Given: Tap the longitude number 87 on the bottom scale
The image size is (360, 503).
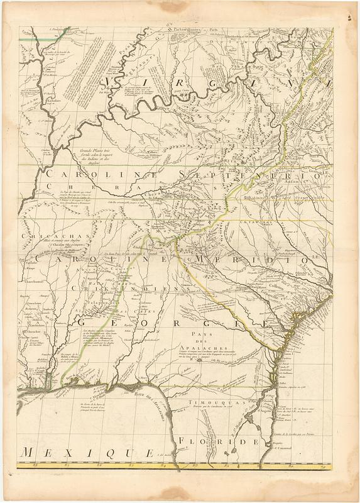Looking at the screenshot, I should coord(67,467).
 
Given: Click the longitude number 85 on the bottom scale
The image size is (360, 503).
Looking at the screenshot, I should coord(130,467).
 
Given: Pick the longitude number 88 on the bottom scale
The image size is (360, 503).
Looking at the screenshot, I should coord(36,467).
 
